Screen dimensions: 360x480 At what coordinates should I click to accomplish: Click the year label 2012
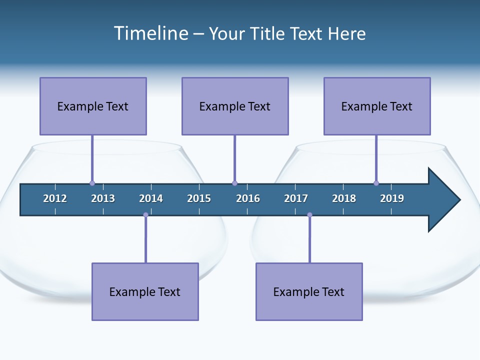[55, 198]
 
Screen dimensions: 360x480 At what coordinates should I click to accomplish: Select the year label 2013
[103, 198]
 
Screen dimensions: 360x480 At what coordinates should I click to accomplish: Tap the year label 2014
[151, 198]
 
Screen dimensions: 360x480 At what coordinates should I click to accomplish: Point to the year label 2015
[199, 198]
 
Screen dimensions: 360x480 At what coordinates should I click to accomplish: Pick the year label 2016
[248, 198]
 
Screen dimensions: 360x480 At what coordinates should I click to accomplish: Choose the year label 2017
[296, 198]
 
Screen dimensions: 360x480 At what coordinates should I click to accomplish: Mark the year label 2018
[344, 198]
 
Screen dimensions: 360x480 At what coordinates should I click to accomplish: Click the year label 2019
[392, 198]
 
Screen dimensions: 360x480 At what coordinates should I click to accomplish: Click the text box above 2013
[93, 106]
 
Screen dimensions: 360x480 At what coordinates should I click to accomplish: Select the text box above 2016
[235, 106]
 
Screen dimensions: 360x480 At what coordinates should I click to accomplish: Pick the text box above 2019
[377, 106]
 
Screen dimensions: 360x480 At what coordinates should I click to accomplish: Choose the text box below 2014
[145, 291]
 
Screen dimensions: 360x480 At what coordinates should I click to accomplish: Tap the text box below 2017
[309, 291]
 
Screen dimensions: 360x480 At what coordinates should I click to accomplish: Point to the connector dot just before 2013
[92, 183]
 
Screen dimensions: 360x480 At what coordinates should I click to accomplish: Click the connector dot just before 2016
[234, 183]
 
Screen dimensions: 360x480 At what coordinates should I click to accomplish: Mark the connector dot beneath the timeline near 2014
[145, 215]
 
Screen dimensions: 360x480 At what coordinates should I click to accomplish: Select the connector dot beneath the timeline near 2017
[309, 215]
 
